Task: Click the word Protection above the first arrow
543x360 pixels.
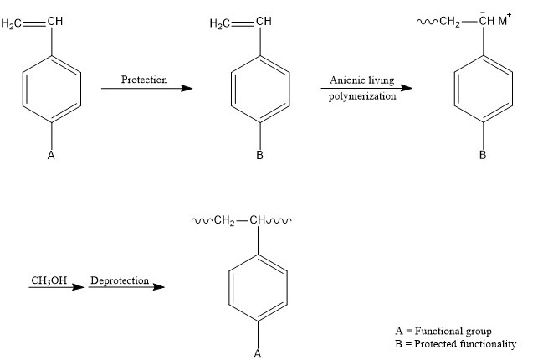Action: click(144, 80)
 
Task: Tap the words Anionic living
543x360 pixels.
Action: click(361, 80)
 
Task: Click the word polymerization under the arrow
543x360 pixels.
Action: click(362, 95)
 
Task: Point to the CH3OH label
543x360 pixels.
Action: click(49, 280)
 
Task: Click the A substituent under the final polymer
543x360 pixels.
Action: click(258, 353)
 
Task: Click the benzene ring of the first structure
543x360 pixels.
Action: click(52, 89)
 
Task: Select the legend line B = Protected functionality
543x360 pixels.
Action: click(455, 344)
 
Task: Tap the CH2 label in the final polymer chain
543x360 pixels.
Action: click(224, 222)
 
